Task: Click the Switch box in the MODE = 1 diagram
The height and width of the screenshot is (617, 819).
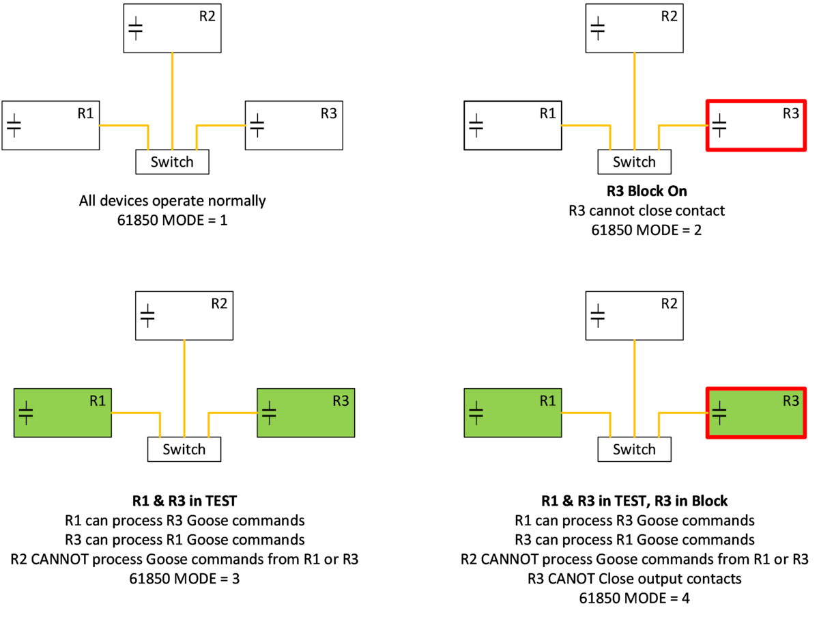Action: click(x=172, y=162)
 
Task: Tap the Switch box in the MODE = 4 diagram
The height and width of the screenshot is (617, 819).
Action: click(x=634, y=449)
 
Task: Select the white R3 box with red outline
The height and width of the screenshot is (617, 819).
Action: click(x=755, y=125)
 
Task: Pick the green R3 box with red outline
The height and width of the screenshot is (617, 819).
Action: click(x=755, y=413)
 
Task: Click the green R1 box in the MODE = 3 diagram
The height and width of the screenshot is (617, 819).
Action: click(x=63, y=413)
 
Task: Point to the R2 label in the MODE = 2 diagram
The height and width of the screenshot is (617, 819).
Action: click(x=669, y=16)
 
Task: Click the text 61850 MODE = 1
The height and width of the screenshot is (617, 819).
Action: click(x=172, y=221)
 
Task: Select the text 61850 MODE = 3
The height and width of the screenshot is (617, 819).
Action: click(x=184, y=579)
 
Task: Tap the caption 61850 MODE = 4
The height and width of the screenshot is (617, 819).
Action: click(x=634, y=598)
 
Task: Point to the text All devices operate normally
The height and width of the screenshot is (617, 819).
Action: click(x=172, y=202)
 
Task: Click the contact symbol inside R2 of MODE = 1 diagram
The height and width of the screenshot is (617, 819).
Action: click(x=136, y=28)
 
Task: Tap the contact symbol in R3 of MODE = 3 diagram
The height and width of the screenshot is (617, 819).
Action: click(x=269, y=412)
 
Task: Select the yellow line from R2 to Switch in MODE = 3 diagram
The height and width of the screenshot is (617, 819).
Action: click(x=184, y=389)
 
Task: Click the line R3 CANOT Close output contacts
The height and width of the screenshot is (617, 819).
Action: click(x=634, y=579)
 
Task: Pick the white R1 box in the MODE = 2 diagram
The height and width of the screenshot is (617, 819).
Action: click(x=513, y=125)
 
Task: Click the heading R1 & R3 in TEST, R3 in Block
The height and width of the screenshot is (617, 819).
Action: click(x=634, y=501)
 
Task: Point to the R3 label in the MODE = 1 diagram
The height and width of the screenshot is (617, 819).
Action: click(x=328, y=114)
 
